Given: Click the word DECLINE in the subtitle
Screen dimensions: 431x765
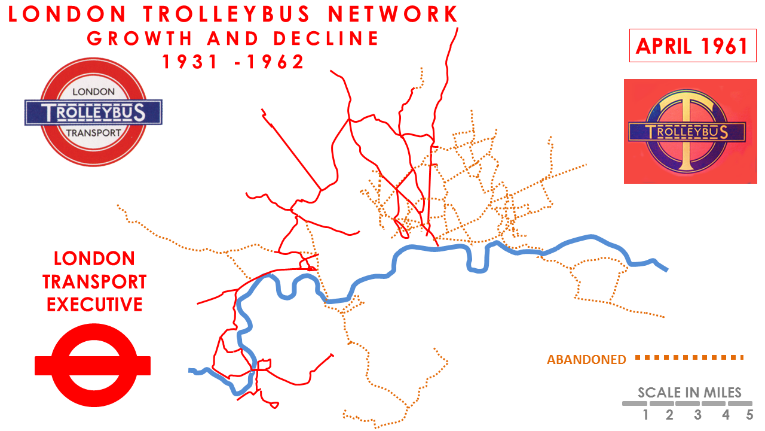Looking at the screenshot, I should (326, 38).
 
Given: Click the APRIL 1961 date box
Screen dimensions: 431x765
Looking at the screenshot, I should (691, 46).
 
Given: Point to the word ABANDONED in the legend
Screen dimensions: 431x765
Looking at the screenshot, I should (586, 360).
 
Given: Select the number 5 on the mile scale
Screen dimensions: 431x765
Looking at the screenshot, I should (749, 415).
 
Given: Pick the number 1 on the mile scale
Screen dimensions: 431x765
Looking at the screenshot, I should (646, 415).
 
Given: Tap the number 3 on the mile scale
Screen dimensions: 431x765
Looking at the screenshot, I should (697, 415).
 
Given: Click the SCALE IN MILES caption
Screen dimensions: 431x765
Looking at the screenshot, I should (689, 393).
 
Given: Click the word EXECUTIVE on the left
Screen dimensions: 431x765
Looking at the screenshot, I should (94, 304).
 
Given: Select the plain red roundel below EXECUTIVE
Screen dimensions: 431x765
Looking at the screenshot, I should (93, 365).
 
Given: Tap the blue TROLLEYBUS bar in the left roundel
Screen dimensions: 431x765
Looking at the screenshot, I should (93, 112).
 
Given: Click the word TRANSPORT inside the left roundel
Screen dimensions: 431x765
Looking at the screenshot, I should (93, 132).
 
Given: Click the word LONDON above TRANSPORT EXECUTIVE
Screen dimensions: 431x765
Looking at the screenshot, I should (94, 259).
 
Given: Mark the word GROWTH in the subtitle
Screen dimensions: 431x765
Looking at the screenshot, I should (140, 38).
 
